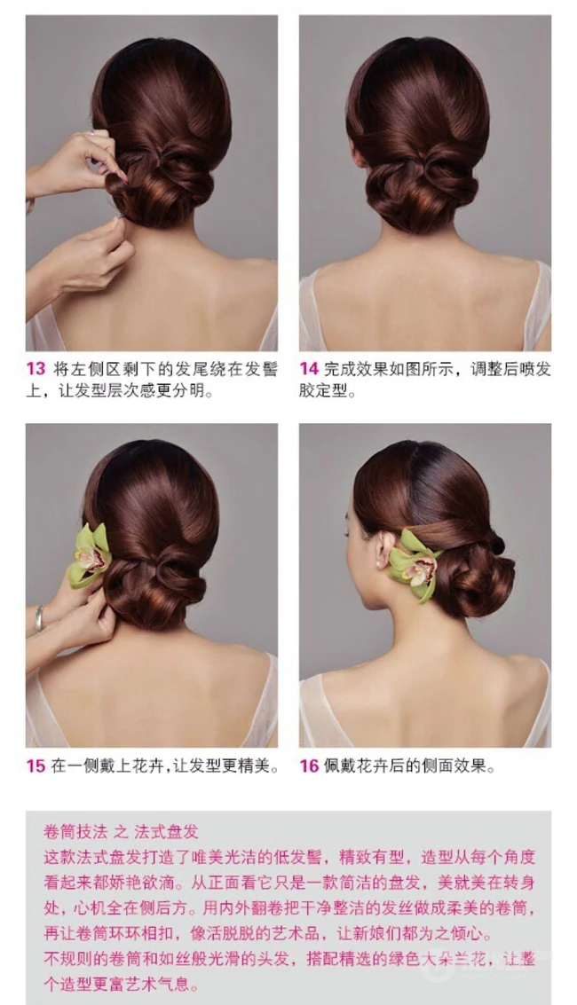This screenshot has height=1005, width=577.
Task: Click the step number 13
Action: (x=36, y=368)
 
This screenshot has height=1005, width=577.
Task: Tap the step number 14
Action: (x=309, y=368)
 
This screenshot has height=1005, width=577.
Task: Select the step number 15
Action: (x=36, y=766)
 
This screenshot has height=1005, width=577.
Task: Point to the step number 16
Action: (x=310, y=766)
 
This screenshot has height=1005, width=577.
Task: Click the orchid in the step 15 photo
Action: (x=90, y=555)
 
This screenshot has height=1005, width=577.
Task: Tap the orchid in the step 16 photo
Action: (x=415, y=564)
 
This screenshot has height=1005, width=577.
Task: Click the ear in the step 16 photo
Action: (x=383, y=549)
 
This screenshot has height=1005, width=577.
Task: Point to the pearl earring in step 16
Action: (x=379, y=563)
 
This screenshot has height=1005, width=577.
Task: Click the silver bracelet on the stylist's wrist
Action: (x=40, y=617)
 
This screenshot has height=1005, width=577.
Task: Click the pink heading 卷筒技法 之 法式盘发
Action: (x=121, y=832)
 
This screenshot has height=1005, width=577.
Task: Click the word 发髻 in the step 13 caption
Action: (x=263, y=368)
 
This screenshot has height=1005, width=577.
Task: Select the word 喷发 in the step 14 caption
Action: (x=534, y=368)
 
